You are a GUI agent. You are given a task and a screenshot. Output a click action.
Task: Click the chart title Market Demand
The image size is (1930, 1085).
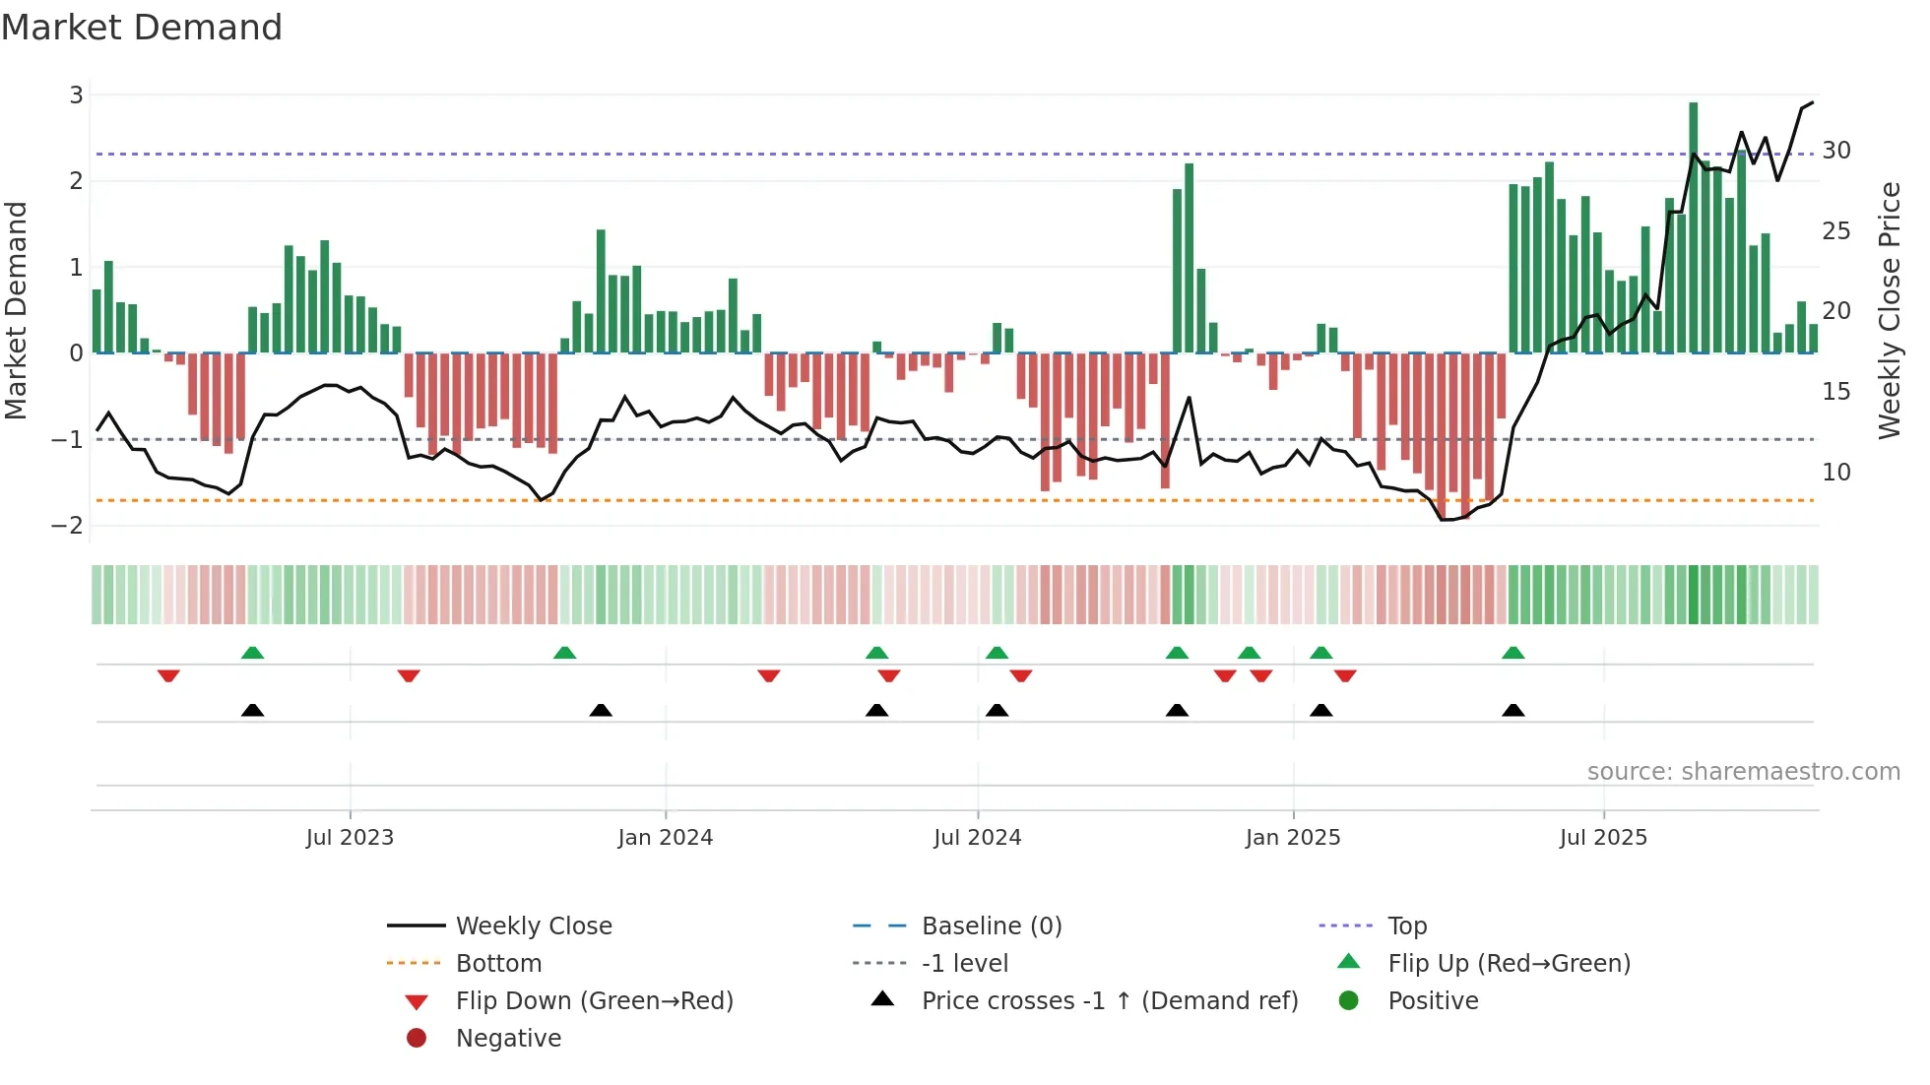(142, 28)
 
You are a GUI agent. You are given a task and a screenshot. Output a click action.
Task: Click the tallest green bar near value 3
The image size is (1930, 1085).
(1694, 226)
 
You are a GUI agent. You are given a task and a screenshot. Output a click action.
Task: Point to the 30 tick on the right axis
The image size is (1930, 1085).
(1836, 151)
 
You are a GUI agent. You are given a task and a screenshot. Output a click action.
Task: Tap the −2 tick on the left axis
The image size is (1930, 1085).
(68, 526)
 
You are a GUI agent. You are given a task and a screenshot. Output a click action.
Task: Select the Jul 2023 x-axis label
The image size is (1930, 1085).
(350, 838)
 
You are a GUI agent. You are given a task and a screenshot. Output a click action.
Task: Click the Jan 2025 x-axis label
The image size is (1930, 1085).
(1293, 838)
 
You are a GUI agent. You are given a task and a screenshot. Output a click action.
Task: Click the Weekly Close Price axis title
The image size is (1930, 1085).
(1889, 310)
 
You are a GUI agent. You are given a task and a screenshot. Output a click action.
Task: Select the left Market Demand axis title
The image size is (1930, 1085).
(17, 310)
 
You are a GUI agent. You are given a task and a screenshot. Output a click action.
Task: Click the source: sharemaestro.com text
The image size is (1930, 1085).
(1743, 772)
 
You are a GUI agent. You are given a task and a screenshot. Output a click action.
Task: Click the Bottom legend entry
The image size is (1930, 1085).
(498, 964)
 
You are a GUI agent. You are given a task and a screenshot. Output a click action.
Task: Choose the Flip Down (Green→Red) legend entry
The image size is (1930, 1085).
(594, 1001)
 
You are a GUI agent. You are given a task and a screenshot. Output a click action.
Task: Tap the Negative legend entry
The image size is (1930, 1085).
(508, 1039)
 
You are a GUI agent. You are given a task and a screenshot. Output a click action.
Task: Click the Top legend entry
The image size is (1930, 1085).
(1407, 926)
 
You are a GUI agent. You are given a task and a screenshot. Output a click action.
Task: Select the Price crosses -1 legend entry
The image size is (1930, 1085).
(1110, 1001)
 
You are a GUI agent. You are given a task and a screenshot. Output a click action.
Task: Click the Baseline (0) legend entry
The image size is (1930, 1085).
(992, 926)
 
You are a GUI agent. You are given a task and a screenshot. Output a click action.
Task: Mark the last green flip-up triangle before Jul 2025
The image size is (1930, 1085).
(1513, 653)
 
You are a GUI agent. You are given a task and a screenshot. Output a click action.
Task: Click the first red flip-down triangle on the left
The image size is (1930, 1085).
(168, 675)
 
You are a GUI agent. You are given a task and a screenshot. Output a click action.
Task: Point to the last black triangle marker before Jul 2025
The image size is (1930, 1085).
(1513, 711)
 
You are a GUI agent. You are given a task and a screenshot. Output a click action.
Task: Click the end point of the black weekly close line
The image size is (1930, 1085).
(1813, 102)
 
